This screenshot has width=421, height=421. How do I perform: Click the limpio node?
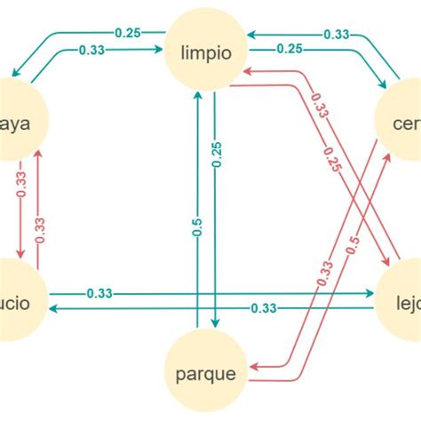pyautogui.click(x=205, y=52)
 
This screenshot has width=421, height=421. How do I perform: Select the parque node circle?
pyautogui.click(x=205, y=373)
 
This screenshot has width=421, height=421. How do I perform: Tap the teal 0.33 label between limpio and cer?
pyautogui.click(x=335, y=34)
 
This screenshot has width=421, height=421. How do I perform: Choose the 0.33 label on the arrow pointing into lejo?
pyautogui.click(x=99, y=292)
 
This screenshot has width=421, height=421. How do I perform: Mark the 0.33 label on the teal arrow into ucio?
pyautogui.click(x=263, y=308)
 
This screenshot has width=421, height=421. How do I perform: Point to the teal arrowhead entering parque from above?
pyautogui.click(x=216, y=325)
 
